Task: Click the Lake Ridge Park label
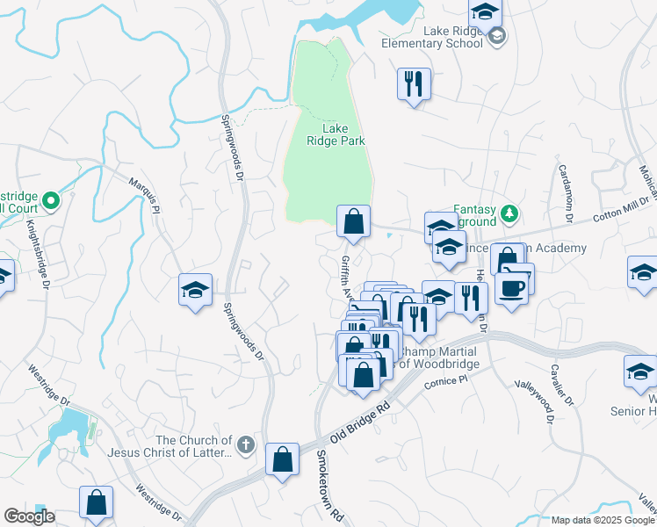pyautogui.click(x=336, y=134)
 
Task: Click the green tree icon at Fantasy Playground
pyautogui.click(x=508, y=213)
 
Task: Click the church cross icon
pyautogui.click(x=247, y=446)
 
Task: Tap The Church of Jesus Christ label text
pyautogui.click(x=193, y=446)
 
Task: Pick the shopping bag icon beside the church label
pyautogui.click(x=281, y=458)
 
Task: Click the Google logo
pyautogui.click(x=29, y=516)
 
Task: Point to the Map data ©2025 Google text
pyautogui.click(x=603, y=520)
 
